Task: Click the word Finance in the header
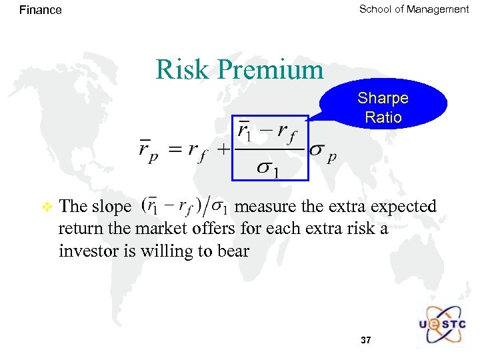pos(40,10)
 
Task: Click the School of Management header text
pos(413,9)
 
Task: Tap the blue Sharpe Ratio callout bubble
pos(383,107)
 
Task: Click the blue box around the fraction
pos(270,148)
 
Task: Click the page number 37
pos(365,340)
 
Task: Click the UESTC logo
pos(443,325)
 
